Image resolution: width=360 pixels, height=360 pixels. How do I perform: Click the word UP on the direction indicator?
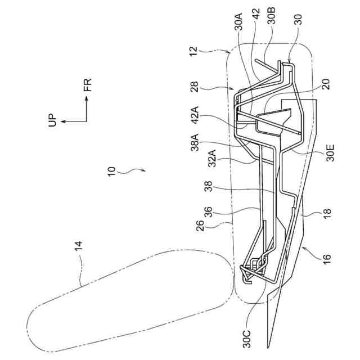tap(53, 120)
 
